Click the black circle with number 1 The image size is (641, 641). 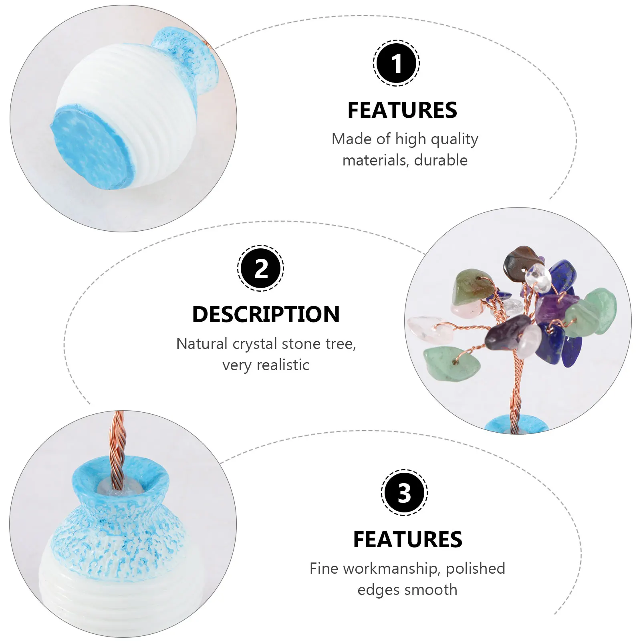(x=396, y=63)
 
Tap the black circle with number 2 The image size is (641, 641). (x=261, y=268)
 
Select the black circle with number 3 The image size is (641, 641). (x=404, y=492)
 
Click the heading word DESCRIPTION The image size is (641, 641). (x=266, y=314)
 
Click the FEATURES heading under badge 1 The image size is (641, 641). (x=402, y=110)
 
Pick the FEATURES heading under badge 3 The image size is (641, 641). (x=407, y=539)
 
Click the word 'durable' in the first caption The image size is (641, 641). (x=441, y=160)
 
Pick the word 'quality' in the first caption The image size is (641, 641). (x=456, y=139)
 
